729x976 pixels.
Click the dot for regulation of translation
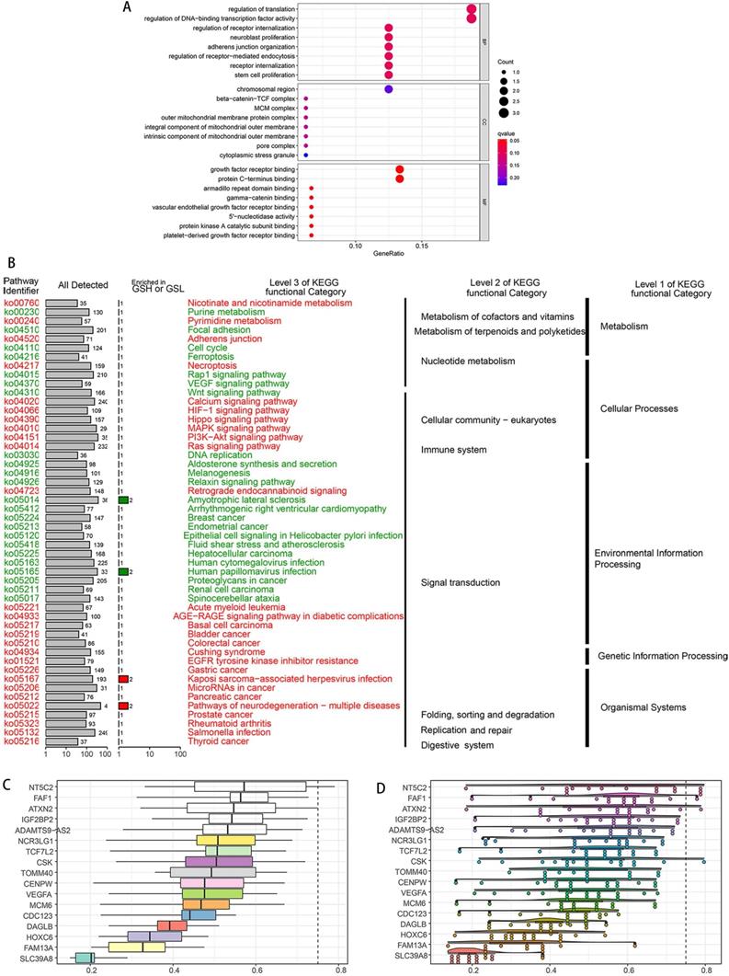pyautogui.click(x=472, y=8)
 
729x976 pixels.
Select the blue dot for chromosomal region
pyautogui.click(x=389, y=89)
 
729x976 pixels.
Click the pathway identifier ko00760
pyautogui.click(x=21, y=303)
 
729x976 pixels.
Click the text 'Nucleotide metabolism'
pyautogui.click(x=468, y=361)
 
